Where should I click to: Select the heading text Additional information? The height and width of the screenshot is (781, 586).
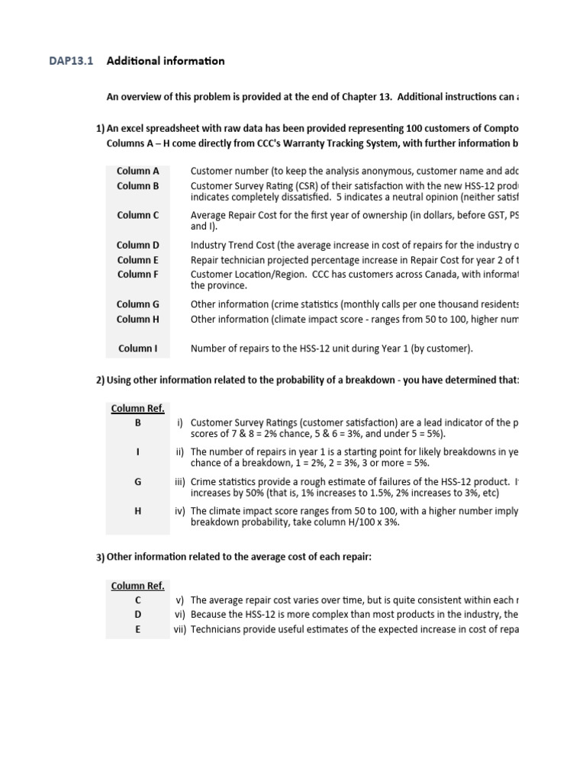point(166,61)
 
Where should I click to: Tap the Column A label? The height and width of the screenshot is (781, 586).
point(138,171)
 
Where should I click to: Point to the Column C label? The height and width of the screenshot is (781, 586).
point(138,215)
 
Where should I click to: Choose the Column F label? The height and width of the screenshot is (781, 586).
point(138,274)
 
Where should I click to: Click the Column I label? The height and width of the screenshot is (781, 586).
point(138,349)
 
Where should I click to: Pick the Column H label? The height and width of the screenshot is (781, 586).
point(138,319)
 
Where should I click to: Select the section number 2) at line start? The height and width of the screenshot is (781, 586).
point(100,381)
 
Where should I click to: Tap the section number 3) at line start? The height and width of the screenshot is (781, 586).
point(100,558)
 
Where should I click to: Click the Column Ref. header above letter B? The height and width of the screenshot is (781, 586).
point(138,408)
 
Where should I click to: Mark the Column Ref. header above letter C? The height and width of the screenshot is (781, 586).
point(138,586)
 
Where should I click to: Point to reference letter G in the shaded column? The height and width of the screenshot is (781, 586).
point(138,481)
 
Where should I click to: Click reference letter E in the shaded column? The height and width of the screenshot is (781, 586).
point(138,629)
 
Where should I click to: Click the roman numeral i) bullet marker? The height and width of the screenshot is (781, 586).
point(182,422)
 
